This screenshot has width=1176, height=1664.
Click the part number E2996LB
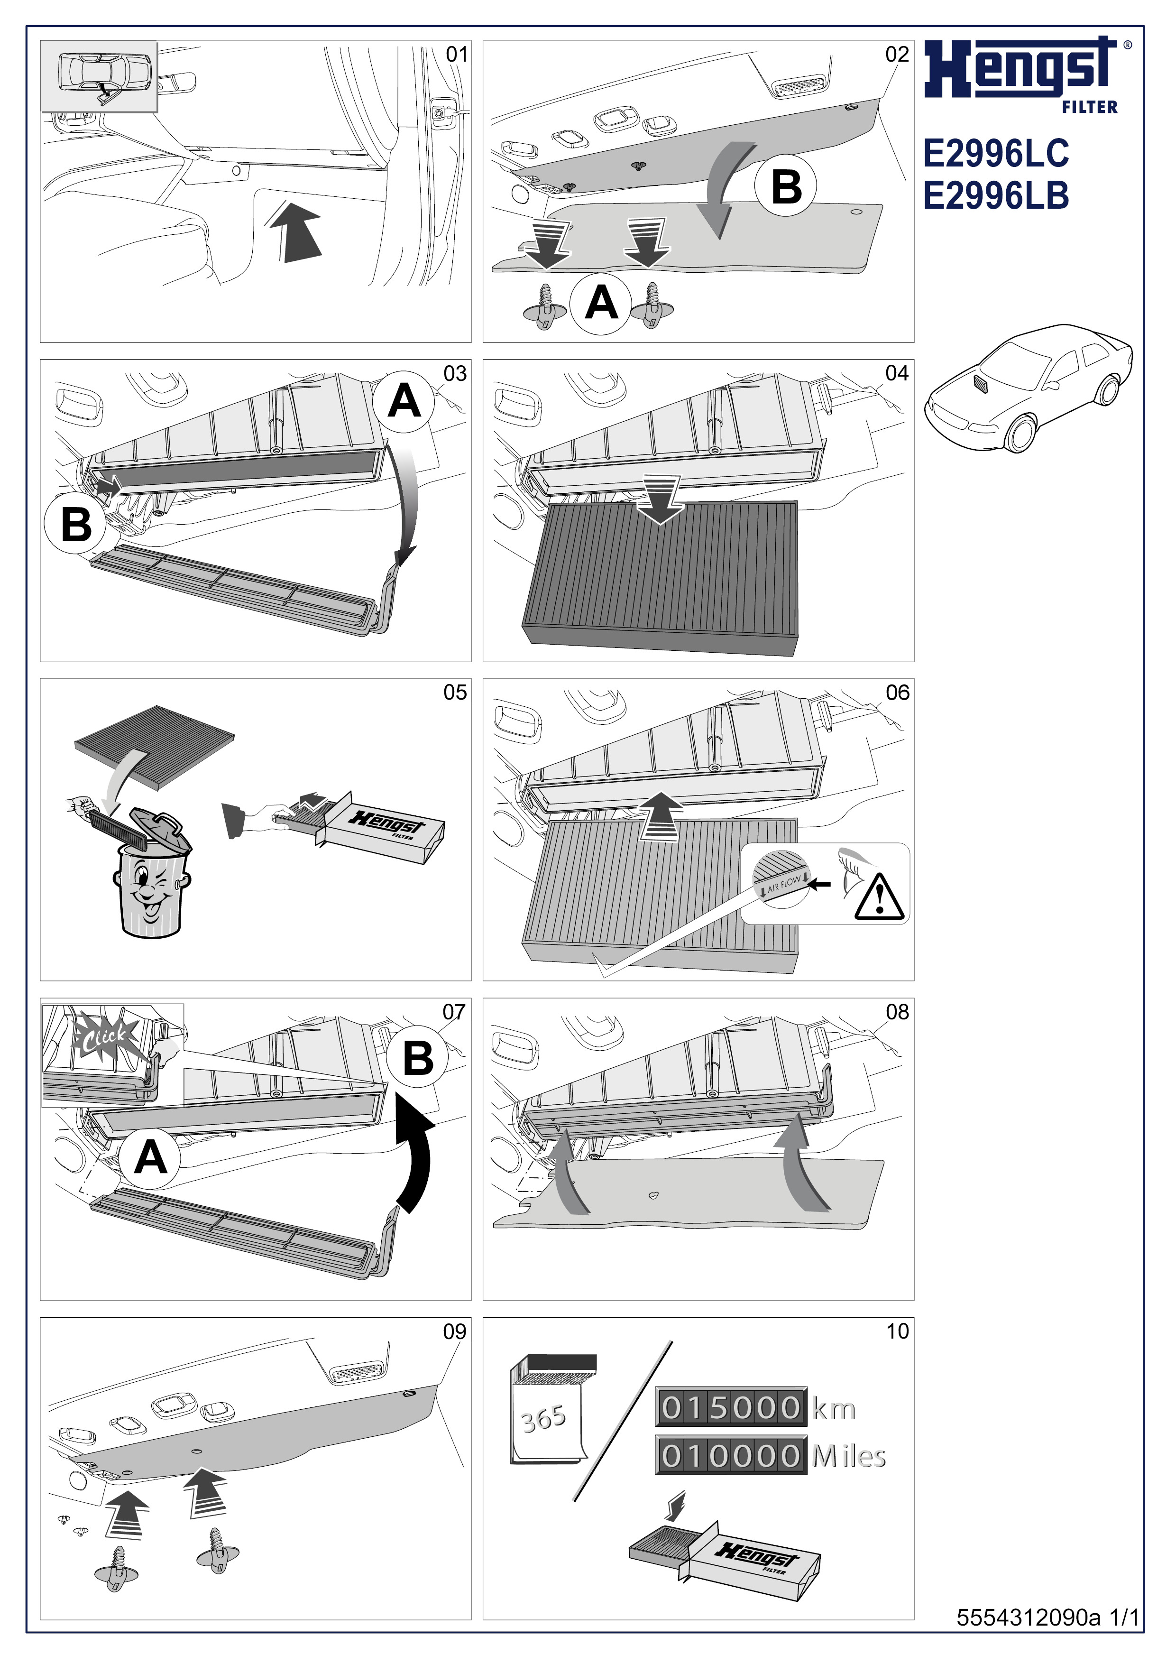click(x=996, y=196)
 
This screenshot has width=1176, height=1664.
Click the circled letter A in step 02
click(x=601, y=303)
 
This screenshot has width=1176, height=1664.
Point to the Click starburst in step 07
click(x=103, y=1037)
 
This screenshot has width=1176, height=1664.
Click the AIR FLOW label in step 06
click(x=784, y=883)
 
